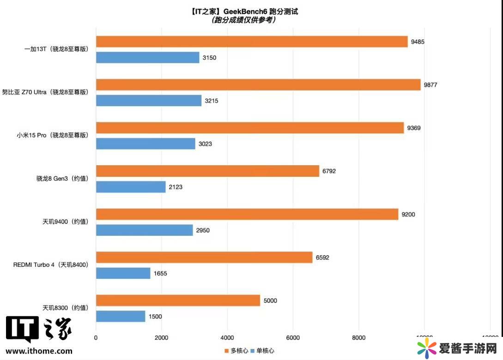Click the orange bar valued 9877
click(258, 85)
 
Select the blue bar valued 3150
click(148, 58)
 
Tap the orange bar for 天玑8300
click(178, 300)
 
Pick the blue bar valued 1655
click(123, 273)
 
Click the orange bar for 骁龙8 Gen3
click(207, 171)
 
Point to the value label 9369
click(414, 128)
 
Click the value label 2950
click(203, 230)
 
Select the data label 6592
click(322, 258)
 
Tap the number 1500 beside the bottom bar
click(155, 317)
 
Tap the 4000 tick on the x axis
click(227, 338)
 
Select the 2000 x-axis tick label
click(161, 338)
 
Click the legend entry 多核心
click(236, 351)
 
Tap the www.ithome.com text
click(39, 351)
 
